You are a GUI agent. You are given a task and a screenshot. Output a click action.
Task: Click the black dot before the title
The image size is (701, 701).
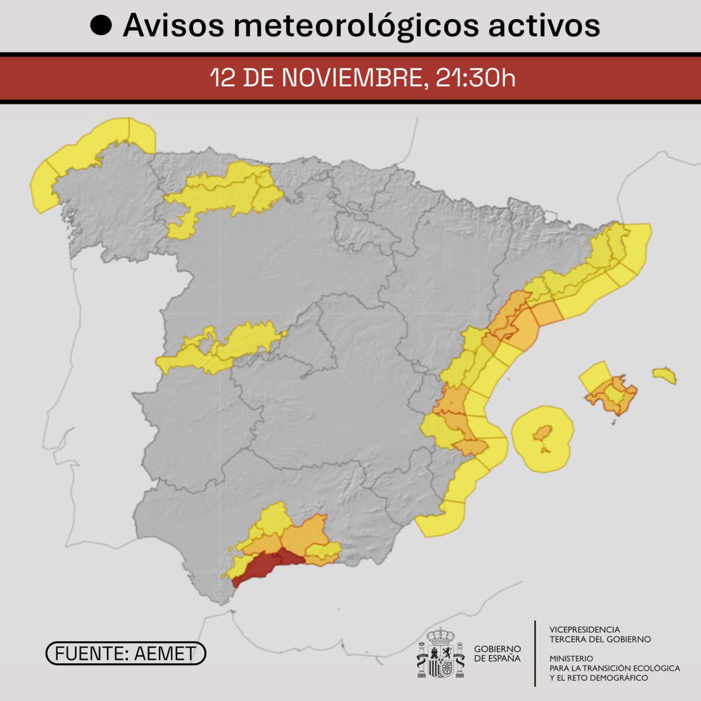102,26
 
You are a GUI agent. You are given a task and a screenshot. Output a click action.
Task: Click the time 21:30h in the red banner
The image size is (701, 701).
476,78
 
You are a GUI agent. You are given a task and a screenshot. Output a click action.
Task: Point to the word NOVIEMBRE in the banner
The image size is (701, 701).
352,78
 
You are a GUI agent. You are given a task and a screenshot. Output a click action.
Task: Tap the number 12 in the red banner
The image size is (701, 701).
222,78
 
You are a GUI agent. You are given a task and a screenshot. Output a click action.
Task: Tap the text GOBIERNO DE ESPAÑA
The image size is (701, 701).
497,654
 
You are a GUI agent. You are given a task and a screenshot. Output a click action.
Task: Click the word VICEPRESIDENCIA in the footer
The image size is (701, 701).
585,630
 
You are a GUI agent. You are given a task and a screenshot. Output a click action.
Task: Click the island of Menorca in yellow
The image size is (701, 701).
665,374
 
